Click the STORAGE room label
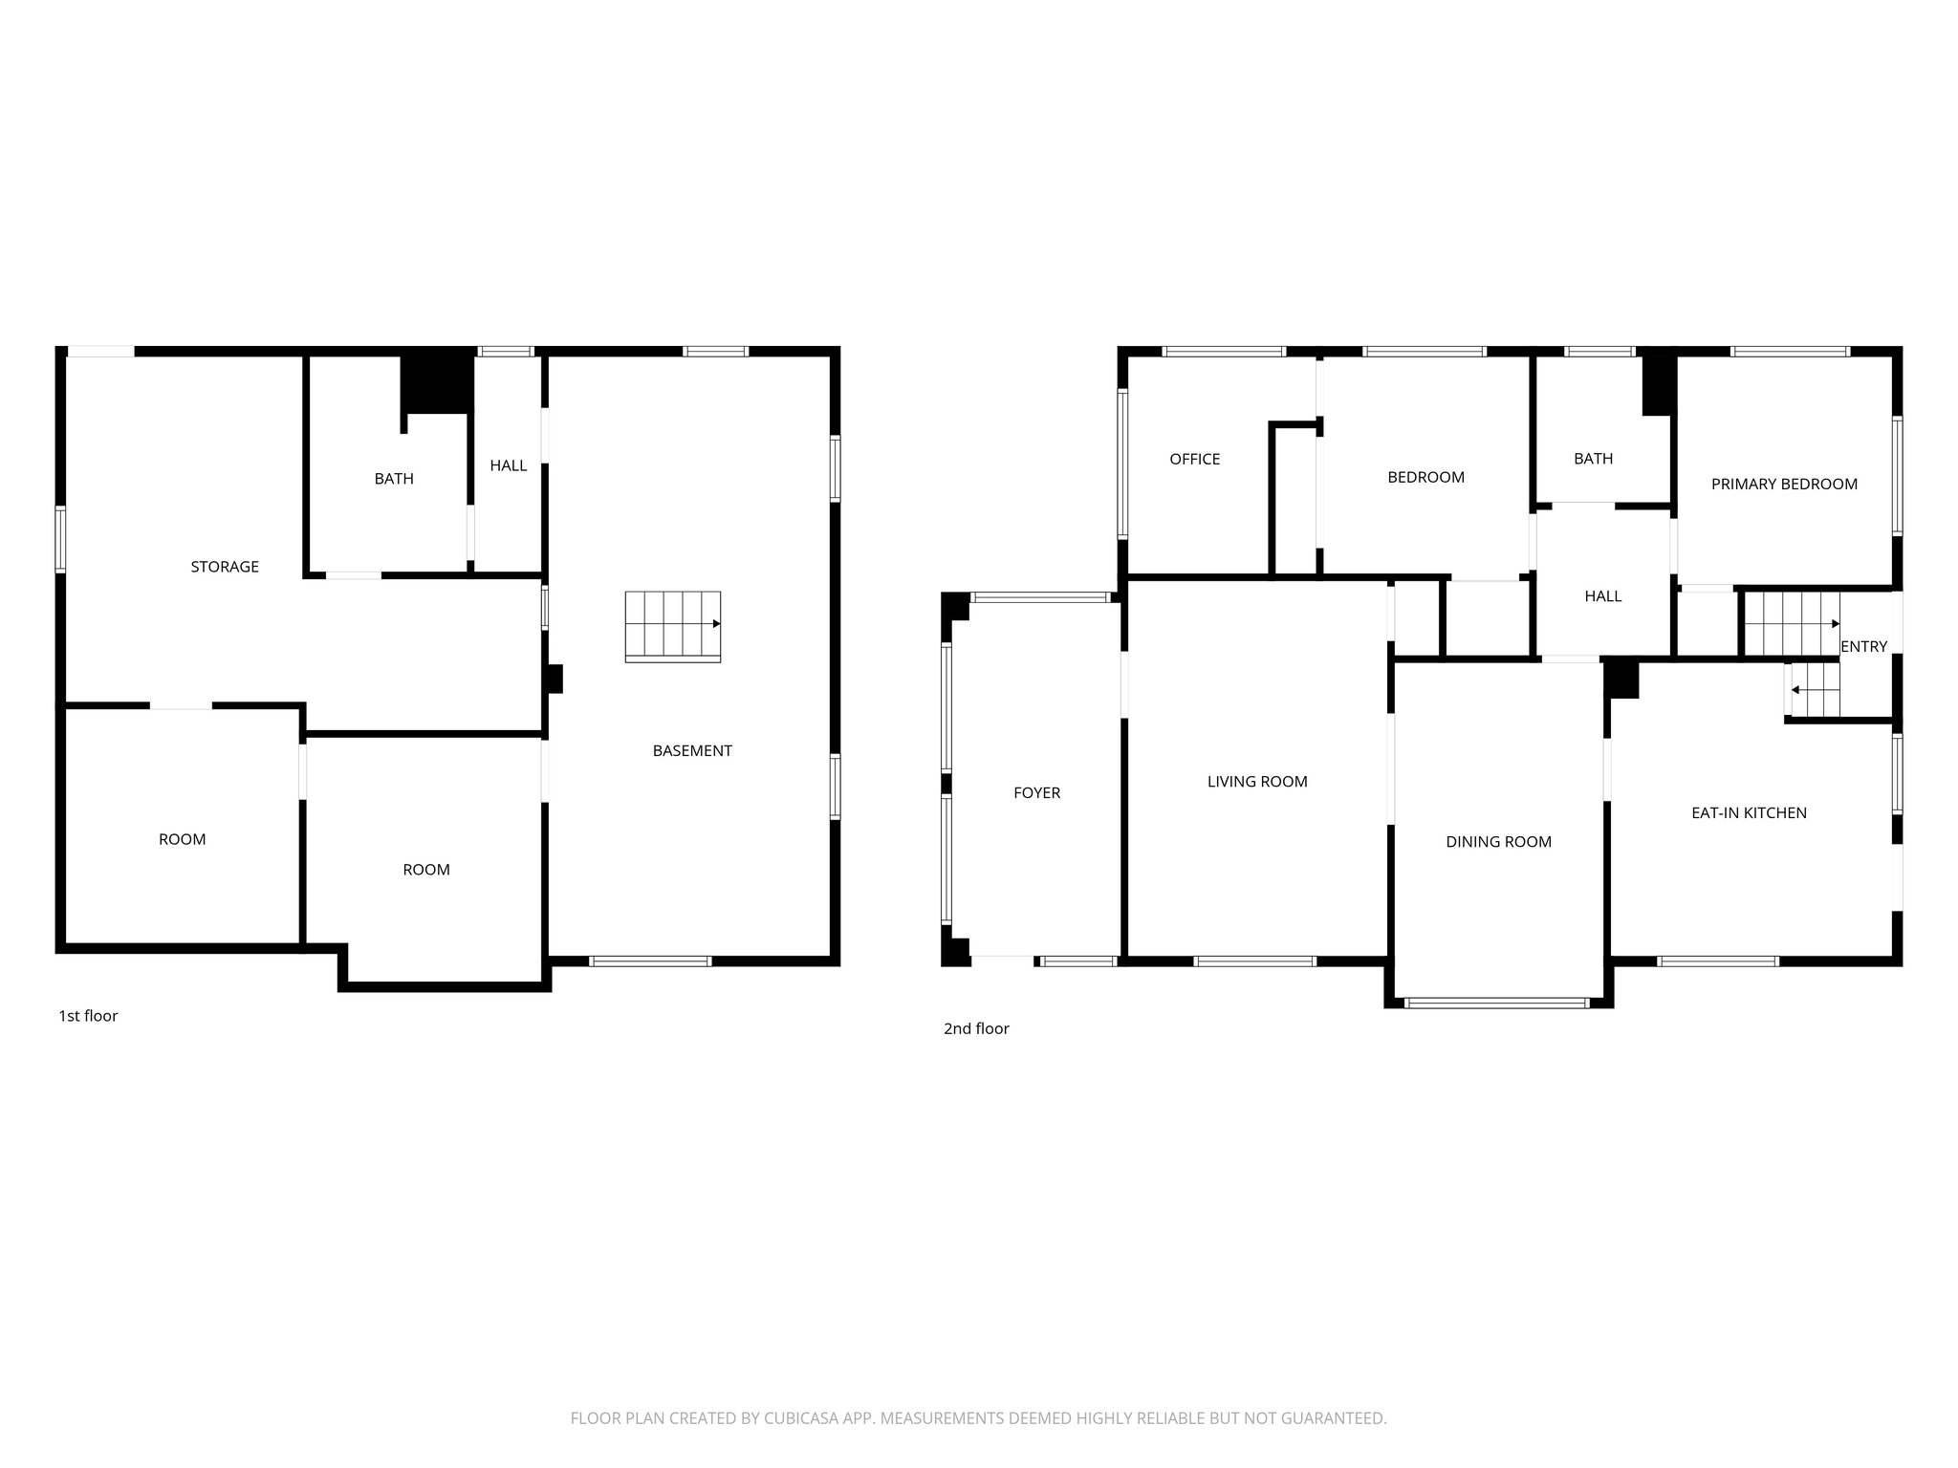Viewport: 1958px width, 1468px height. [x=225, y=567]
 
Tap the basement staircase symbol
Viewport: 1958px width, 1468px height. [x=673, y=626]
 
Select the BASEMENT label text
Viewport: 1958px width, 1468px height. [x=692, y=751]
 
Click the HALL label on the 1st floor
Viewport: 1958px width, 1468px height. [x=508, y=465]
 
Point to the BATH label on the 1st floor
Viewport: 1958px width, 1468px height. [x=394, y=479]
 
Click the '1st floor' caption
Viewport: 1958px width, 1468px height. [x=88, y=1016]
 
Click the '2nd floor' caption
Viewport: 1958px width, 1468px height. [x=976, y=1028]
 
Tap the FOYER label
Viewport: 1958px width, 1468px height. [x=1036, y=792]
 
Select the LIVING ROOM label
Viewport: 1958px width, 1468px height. [x=1257, y=782]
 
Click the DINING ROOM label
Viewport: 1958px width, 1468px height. [x=1498, y=842]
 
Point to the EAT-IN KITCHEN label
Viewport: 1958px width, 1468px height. [x=1749, y=813]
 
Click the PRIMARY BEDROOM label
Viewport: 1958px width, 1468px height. [x=1784, y=485]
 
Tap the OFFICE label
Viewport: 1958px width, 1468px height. [x=1194, y=459]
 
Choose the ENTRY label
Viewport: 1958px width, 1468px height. [x=1863, y=647]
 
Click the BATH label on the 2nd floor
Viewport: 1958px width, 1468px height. [x=1593, y=459]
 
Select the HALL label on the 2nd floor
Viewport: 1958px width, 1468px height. [x=1602, y=596]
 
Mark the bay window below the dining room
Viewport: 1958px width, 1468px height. [x=1498, y=1004]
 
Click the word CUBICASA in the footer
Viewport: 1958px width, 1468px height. [x=800, y=1418]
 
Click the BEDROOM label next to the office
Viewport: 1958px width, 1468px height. [x=1425, y=477]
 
